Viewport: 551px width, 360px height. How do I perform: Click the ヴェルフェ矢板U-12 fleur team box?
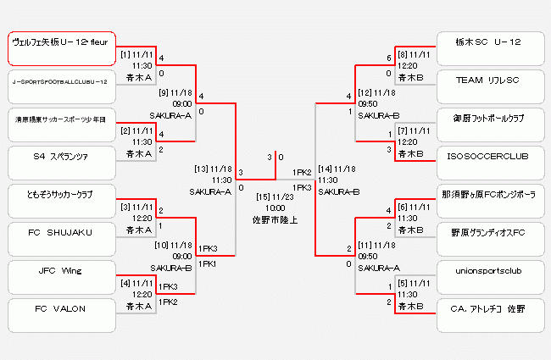tap(61, 49)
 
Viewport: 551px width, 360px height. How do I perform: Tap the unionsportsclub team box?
tap(487, 271)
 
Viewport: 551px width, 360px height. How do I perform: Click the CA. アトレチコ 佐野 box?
tap(487, 309)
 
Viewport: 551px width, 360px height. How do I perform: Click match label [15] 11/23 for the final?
tap(275, 197)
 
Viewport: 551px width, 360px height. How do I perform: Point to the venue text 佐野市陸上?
tap(275, 219)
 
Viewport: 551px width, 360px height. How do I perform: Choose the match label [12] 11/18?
tap(376, 91)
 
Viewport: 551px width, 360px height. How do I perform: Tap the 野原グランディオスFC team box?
tap(487, 231)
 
